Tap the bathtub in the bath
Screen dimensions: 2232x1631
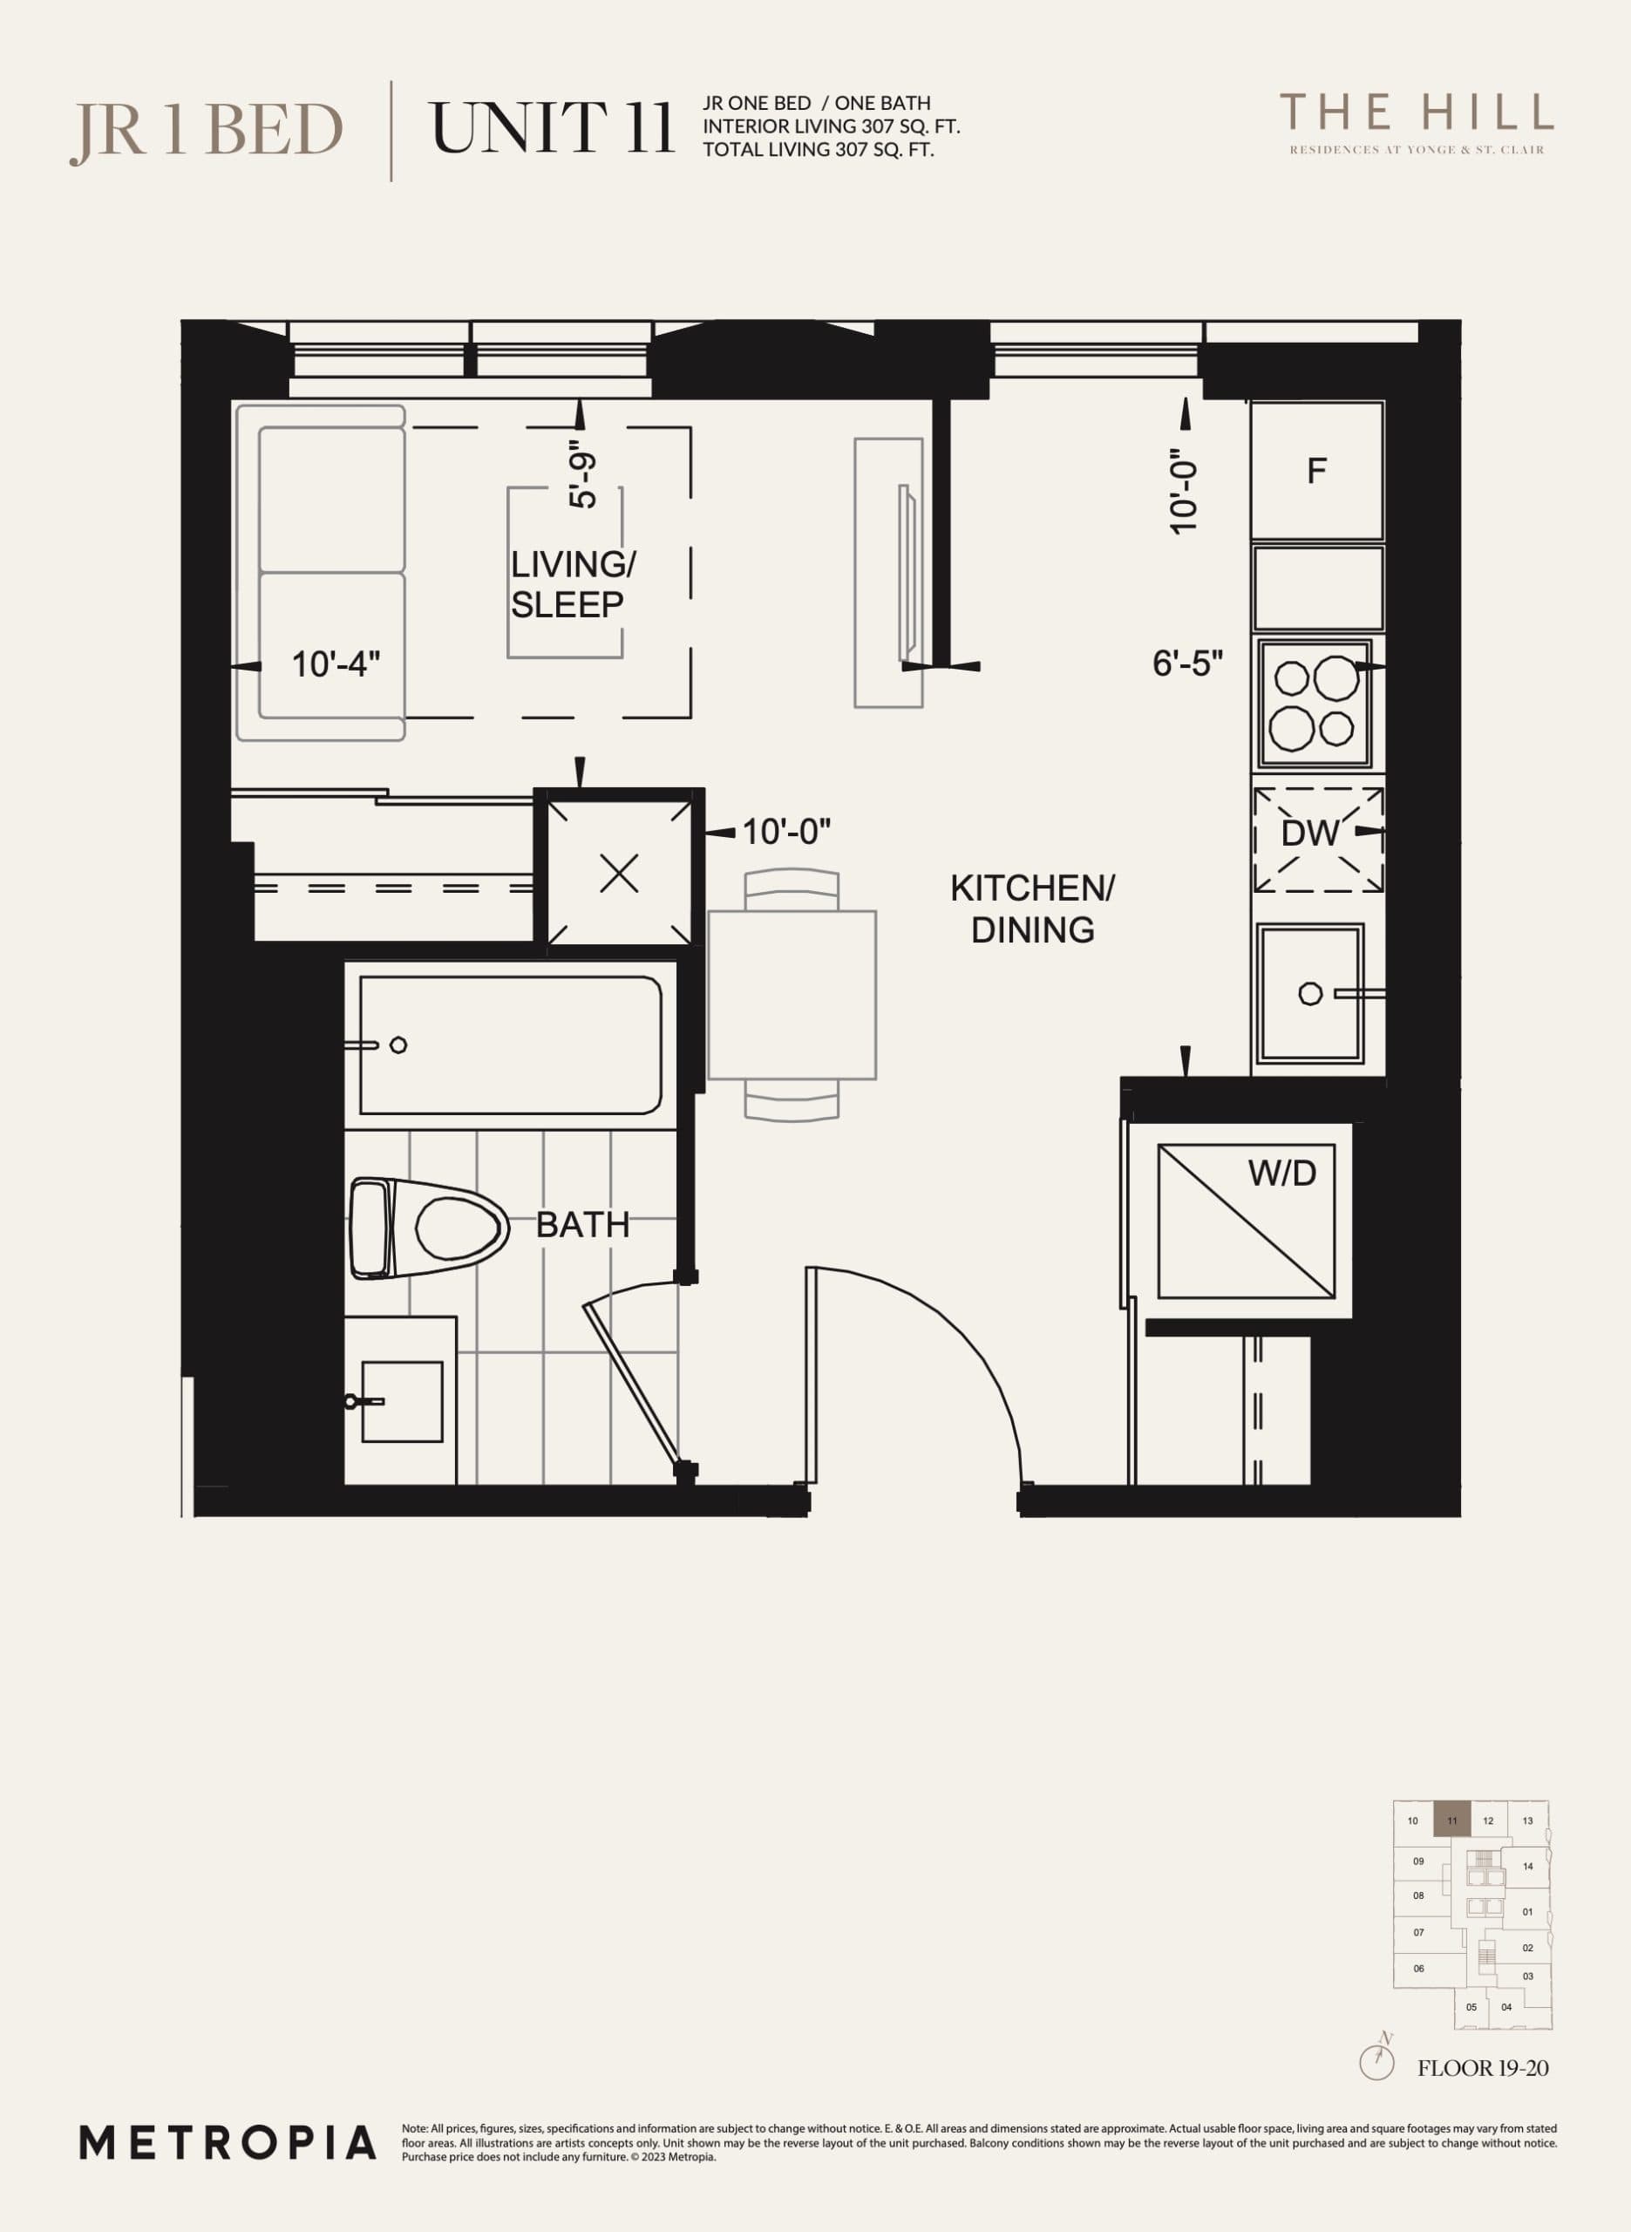click(x=511, y=1045)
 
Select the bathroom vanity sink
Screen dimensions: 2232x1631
click(x=401, y=1401)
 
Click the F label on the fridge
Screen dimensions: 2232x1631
click(x=1316, y=472)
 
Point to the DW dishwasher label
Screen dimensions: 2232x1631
click(x=1309, y=834)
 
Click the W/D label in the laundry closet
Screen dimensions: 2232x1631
click(x=1281, y=1174)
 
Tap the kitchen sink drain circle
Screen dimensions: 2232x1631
click(x=1310, y=994)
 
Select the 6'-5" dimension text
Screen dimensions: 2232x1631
click(x=1187, y=663)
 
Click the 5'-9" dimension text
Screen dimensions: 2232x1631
click(x=583, y=480)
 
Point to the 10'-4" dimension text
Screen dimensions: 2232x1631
click(x=336, y=664)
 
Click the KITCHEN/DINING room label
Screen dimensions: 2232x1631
click(x=1032, y=909)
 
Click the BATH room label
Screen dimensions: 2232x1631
click(x=582, y=1225)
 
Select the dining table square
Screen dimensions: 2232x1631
click(x=792, y=995)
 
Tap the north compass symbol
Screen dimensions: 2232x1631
click(x=1377, y=2061)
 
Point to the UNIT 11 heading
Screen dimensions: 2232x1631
click(x=552, y=128)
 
